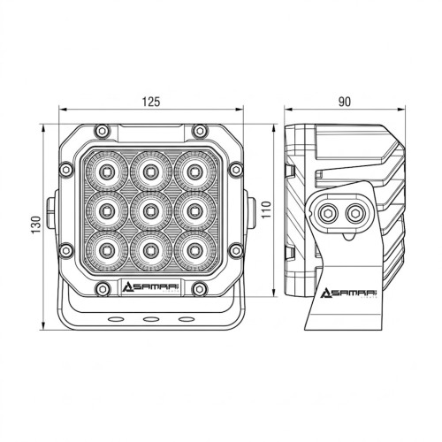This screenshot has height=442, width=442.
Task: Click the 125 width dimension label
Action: pos(151,102)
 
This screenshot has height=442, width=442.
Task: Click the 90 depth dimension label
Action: pos(345,102)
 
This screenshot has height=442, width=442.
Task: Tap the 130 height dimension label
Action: pos(36,225)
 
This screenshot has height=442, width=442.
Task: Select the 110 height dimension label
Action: pos(266,210)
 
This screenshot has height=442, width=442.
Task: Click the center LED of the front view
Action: pos(151,210)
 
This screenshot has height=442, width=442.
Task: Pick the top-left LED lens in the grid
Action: pos(107,171)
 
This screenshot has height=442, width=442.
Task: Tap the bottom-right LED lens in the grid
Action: pos(194,250)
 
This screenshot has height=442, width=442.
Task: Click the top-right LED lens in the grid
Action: pos(194,171)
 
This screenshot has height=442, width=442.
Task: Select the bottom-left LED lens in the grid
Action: pos(107,250)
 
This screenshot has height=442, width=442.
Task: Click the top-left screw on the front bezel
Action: pos(102,131)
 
